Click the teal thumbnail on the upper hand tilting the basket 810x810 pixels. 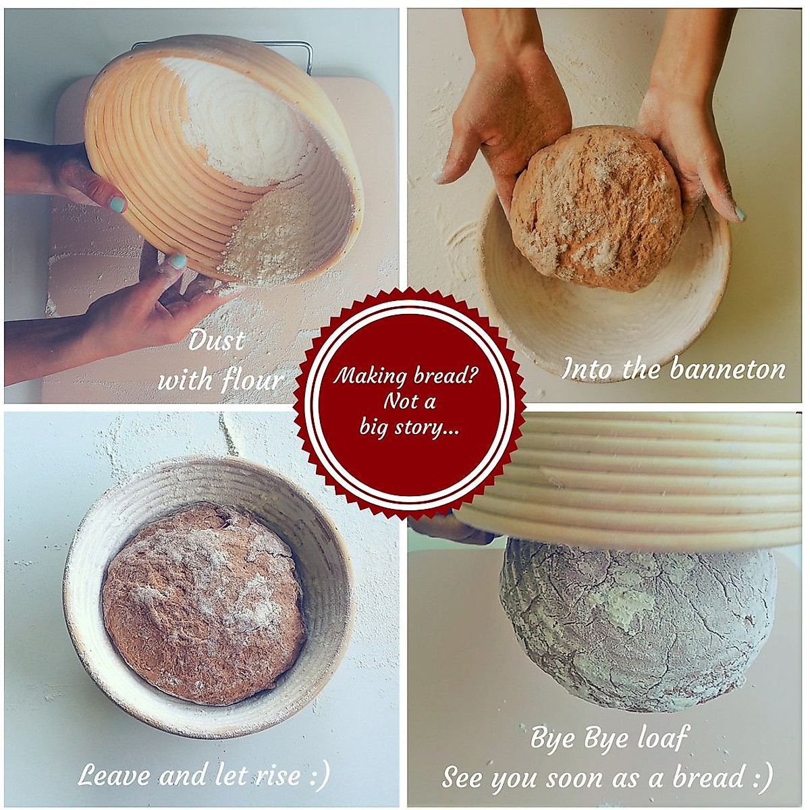116,203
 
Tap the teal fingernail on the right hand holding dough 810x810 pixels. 740,215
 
